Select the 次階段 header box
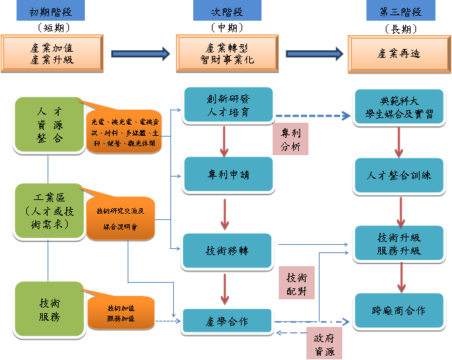226,12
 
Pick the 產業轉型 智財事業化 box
226,54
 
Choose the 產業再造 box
400,54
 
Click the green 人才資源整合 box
48,123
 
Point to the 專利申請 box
227,174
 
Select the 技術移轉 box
227,250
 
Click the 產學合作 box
227,321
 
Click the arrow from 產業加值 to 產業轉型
141,53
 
